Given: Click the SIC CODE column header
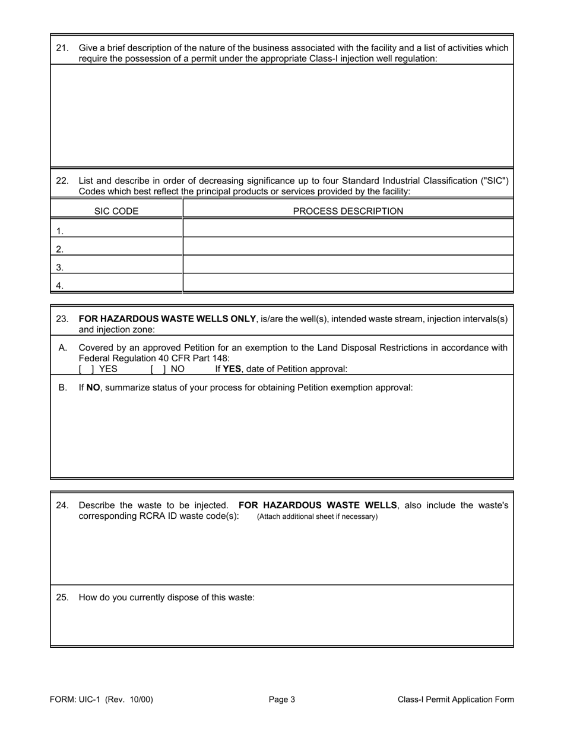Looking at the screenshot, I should tap(116, 211).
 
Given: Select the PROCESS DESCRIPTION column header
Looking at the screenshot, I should tap(348, 211).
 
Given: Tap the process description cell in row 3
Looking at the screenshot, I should tap(348, 266).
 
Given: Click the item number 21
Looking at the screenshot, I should tap(62, 48).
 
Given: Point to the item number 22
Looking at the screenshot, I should tap(62, 181).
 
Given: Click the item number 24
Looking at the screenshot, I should tap(62, 505).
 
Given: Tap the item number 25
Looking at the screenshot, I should tap(62, 597).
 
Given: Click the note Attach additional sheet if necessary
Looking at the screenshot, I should tap(317, 516).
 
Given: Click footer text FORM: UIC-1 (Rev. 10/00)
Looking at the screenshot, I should tap(102, 700).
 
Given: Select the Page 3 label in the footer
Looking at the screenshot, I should tap(282, 700).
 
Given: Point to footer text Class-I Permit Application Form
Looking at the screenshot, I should tap(456, 700).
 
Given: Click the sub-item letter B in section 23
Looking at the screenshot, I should tap(62, 387).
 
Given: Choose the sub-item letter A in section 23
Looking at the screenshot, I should tap(62, 348).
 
